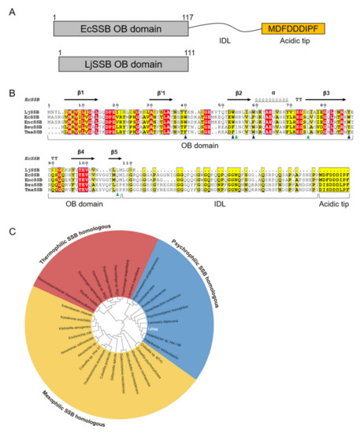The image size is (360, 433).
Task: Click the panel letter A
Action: [x=8, y=10]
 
